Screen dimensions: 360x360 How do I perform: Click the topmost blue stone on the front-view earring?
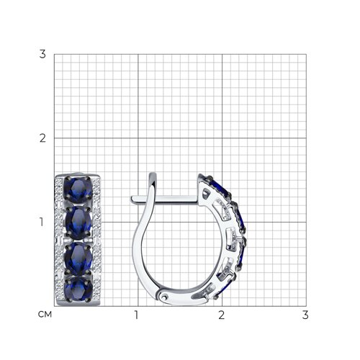coord(78,189)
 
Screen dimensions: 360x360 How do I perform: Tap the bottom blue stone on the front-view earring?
coord(78,289)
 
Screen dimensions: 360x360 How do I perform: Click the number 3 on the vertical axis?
coord(42,54)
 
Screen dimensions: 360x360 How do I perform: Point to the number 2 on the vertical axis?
coord(42,138)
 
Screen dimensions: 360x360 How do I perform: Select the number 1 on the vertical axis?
coord(42,222)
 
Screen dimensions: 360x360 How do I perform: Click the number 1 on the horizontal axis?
coord(137,315)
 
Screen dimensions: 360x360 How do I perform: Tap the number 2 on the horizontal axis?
coord(221,315)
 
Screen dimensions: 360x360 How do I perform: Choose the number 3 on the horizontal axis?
coord(305,315)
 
